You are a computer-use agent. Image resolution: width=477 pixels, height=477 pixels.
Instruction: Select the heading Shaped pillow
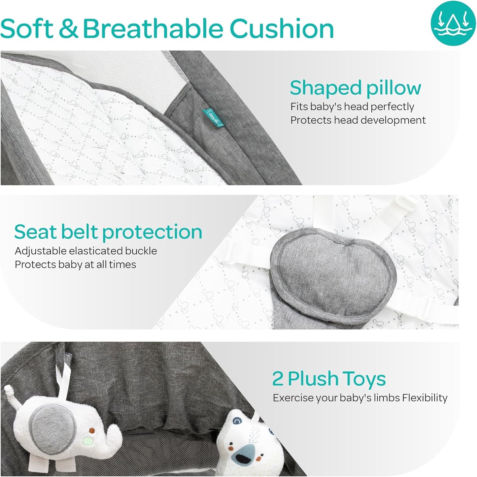tap(355, 88)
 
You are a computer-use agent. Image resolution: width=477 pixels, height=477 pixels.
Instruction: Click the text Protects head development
tap(358, 120)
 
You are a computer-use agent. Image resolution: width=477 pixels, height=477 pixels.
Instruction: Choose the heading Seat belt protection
tap(108, 232)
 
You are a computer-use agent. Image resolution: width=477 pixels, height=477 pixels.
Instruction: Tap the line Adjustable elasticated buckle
tap(86, 251)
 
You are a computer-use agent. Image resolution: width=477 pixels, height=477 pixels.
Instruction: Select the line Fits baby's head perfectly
tap(352, 107)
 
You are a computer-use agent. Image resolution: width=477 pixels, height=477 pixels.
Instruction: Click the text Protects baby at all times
tap(75, 265)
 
